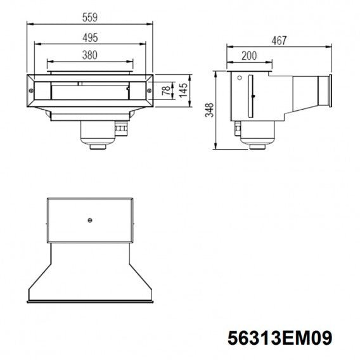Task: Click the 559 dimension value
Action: [90, 18]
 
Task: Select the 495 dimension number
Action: [90, 37]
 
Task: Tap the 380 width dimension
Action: [90, 55]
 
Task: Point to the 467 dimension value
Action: [279, 41]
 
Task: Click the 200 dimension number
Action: [249, 56]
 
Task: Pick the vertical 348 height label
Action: [209, 110]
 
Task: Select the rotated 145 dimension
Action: [183, 90]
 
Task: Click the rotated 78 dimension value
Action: [167, 91]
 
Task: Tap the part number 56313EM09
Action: [280, 338]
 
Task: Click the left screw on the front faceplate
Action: [31, 91]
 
